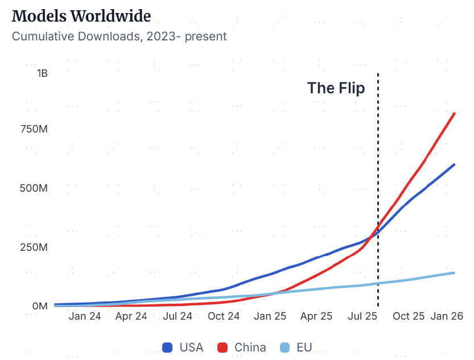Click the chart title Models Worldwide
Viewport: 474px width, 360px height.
81,16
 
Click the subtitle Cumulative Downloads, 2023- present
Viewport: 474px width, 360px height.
119,36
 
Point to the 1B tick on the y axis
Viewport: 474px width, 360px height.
42,73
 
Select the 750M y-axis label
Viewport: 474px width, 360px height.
34,130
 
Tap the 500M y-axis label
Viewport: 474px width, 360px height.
34,188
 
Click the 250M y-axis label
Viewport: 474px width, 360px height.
34,247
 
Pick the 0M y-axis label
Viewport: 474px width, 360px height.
40,306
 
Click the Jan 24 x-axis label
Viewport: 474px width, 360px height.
85,317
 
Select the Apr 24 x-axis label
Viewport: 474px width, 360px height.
131,317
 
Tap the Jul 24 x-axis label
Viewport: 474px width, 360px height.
177,317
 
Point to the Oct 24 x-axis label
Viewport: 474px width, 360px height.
224,317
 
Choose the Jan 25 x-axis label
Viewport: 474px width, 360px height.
270,317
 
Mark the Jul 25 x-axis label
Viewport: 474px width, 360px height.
362,317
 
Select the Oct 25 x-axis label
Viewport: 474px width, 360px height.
409,317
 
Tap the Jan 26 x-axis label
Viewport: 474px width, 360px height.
447,317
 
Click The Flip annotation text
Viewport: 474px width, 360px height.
336,88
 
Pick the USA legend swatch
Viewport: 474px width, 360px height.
168,347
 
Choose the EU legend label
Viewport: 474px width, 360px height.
304,347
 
